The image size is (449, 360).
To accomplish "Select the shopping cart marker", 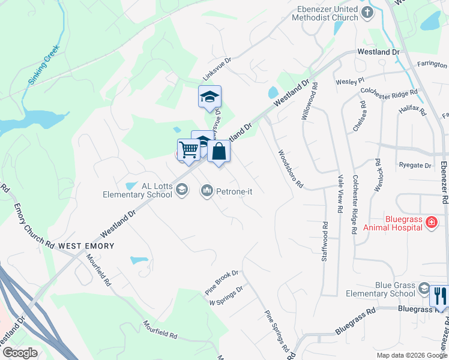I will (x=188, y=150).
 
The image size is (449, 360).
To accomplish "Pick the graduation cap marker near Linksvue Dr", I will (x=209, y=97).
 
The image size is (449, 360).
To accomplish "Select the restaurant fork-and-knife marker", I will (x=439, y=295).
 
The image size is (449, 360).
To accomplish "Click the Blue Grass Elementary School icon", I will (x=424, y=289).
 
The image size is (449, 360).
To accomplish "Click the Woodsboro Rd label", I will (x=289, y=169).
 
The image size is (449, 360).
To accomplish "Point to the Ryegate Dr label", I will (x=415, y=165).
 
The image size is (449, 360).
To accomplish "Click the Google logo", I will (x=20, y=353).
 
